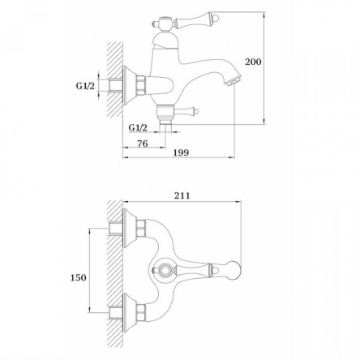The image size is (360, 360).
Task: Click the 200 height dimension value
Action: (253, 62)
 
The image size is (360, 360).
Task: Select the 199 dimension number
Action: (181, 152)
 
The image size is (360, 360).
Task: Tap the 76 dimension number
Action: (143, 144)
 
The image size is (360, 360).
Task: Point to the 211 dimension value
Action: (182, 195)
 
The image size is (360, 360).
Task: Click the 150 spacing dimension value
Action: (79, 277)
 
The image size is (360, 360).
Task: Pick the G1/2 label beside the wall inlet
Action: (85, 86)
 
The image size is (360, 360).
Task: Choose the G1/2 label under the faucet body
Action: (138, 127)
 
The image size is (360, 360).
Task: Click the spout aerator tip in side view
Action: (234, 80)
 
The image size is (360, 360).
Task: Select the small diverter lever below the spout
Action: (186, 110)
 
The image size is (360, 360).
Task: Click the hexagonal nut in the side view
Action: (141, 86)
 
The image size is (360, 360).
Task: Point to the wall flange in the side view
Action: (128, 86)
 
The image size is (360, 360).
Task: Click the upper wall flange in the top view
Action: (129, 229)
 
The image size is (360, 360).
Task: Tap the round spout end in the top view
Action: (234, 270)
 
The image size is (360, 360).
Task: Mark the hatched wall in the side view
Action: (115, 79)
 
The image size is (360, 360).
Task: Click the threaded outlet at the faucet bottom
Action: (165, 122)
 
